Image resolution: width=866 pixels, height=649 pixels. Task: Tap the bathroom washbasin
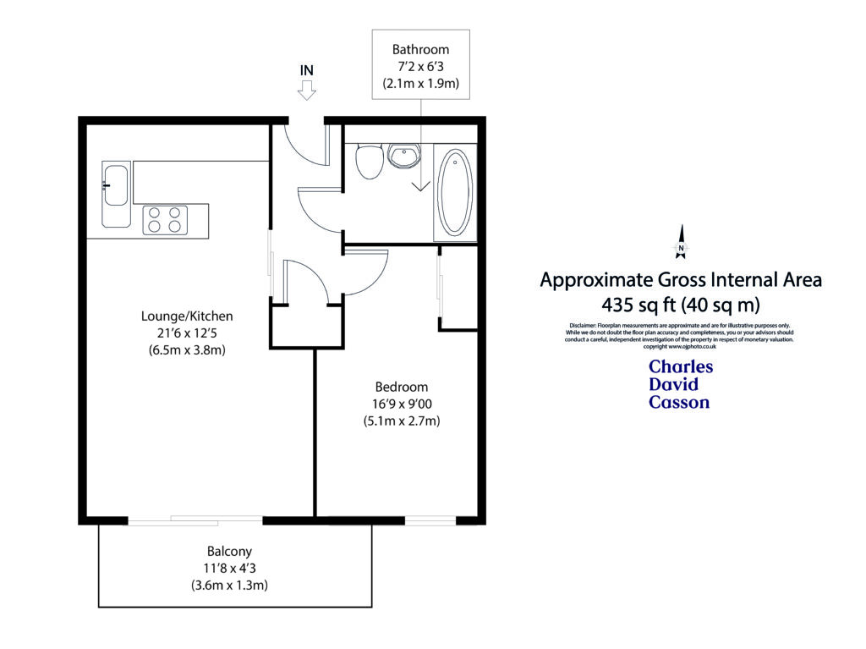tap(403, 155)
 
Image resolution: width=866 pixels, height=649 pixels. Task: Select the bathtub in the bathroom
tap(455, 192)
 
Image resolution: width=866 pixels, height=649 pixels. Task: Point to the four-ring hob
tap(165, 220)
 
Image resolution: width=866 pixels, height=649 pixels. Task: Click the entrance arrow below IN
tap(307, 91)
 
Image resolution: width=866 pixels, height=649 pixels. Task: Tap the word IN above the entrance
tap(307, 69)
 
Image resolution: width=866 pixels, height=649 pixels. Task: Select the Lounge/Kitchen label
tap(186, 316)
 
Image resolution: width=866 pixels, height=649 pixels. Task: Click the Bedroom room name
tap(402, 388)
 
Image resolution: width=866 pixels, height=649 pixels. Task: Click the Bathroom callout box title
tap(421, 50)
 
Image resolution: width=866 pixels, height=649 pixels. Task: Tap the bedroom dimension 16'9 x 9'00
tap(402, 404)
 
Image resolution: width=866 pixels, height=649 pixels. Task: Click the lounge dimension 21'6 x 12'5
tap(186, 333)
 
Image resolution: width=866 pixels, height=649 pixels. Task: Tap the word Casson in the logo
tap(679, 403)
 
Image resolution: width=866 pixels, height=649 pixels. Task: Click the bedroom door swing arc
tap(365, 272)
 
